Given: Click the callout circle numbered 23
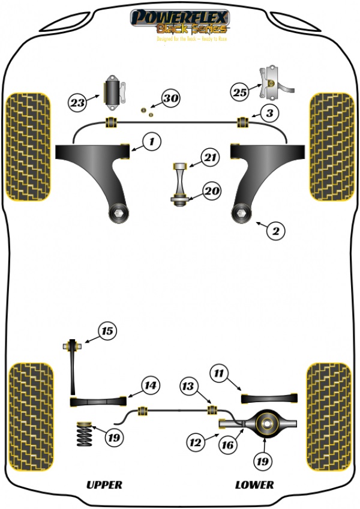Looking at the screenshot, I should click(x=77, y=103).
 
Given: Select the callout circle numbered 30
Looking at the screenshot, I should click(x=171, y=98).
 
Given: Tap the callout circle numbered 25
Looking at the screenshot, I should click(x=240, y=92).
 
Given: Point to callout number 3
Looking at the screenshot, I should click(x=269, y=112).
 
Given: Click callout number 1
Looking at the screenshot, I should click(x=152, y=142).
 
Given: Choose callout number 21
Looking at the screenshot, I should click(x=209, y=158).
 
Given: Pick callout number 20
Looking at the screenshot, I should click(x=211, y=191).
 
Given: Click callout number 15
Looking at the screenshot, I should click(x=107, y=330).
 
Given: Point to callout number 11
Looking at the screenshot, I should click(x=220, y=374).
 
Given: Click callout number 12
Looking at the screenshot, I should click(x=194, y=443).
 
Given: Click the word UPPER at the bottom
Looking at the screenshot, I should click(x=104, y=484).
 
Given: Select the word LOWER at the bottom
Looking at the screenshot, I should click(x=254, y=484).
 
